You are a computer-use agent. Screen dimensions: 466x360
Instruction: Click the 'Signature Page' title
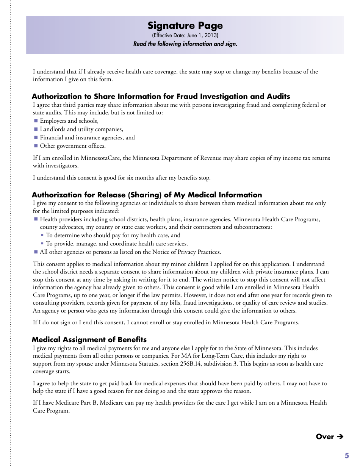185,26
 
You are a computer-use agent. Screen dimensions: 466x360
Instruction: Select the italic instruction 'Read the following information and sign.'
185,44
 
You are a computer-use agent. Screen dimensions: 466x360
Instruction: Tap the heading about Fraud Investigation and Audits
161,96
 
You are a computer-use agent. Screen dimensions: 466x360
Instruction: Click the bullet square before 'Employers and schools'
36,121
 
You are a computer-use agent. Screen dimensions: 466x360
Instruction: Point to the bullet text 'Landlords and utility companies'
81,129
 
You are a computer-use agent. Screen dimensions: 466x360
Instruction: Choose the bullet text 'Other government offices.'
73,146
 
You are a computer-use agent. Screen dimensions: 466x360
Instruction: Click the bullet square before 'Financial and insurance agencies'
36,138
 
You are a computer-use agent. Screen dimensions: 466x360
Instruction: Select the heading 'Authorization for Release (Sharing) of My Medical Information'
147,195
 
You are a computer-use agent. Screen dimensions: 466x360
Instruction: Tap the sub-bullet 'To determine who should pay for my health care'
113,235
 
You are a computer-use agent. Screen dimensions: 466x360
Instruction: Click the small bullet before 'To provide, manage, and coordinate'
42,244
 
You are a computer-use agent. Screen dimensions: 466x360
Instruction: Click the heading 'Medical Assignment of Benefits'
89,339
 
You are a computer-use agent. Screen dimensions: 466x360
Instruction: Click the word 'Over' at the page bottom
325,436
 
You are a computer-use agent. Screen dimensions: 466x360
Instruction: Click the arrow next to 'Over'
340,436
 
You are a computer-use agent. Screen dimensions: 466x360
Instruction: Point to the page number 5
346,456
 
